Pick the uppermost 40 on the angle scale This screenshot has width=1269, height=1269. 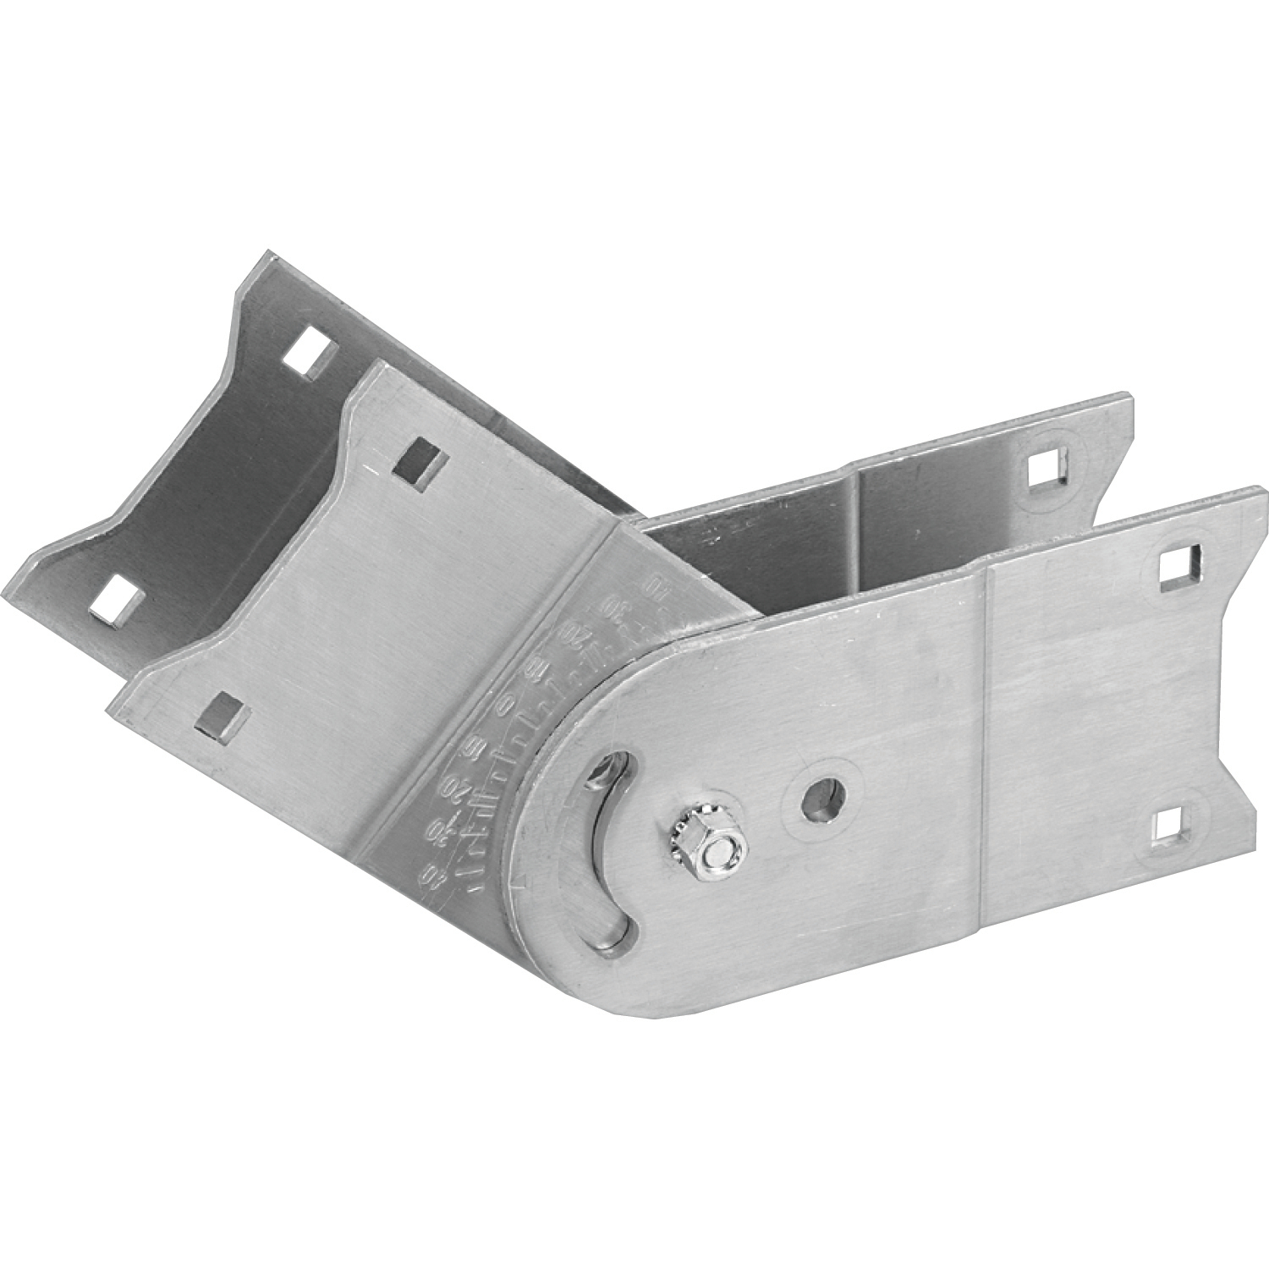pyautogui.click(x=652, y=585)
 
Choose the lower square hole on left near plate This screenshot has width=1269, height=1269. pyautogui.click(x=222, y=708)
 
